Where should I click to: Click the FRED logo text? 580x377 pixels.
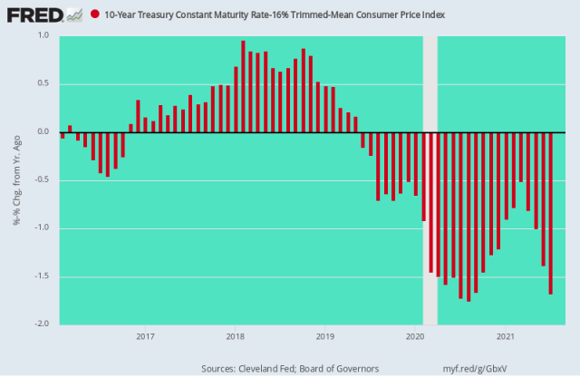click(x=28, y=14)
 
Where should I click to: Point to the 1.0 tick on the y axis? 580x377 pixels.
click(x=43, y=35)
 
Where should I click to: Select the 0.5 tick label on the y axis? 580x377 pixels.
click(x=43, y=83)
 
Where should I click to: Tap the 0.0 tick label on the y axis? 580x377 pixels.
click(x=43, y=131)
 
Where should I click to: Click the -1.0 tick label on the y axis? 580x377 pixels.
click(x=41, y=227)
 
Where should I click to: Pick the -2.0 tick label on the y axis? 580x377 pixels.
click(x=41, y=324)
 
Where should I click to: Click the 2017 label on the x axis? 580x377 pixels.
click(x=144, y=336)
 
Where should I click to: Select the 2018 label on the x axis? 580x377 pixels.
click(x=235, y=336)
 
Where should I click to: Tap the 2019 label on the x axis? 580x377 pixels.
click(x=325, y=336)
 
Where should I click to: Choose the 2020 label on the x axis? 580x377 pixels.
click(x=415, y=336)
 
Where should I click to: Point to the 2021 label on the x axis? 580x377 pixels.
click(x=506, y=336)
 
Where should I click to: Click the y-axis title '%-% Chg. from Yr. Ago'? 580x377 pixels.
click(x=17, y=180)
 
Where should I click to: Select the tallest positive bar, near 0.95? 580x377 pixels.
click(x=243, y=86)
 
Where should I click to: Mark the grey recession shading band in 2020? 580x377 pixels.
click(x=430, y=181)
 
